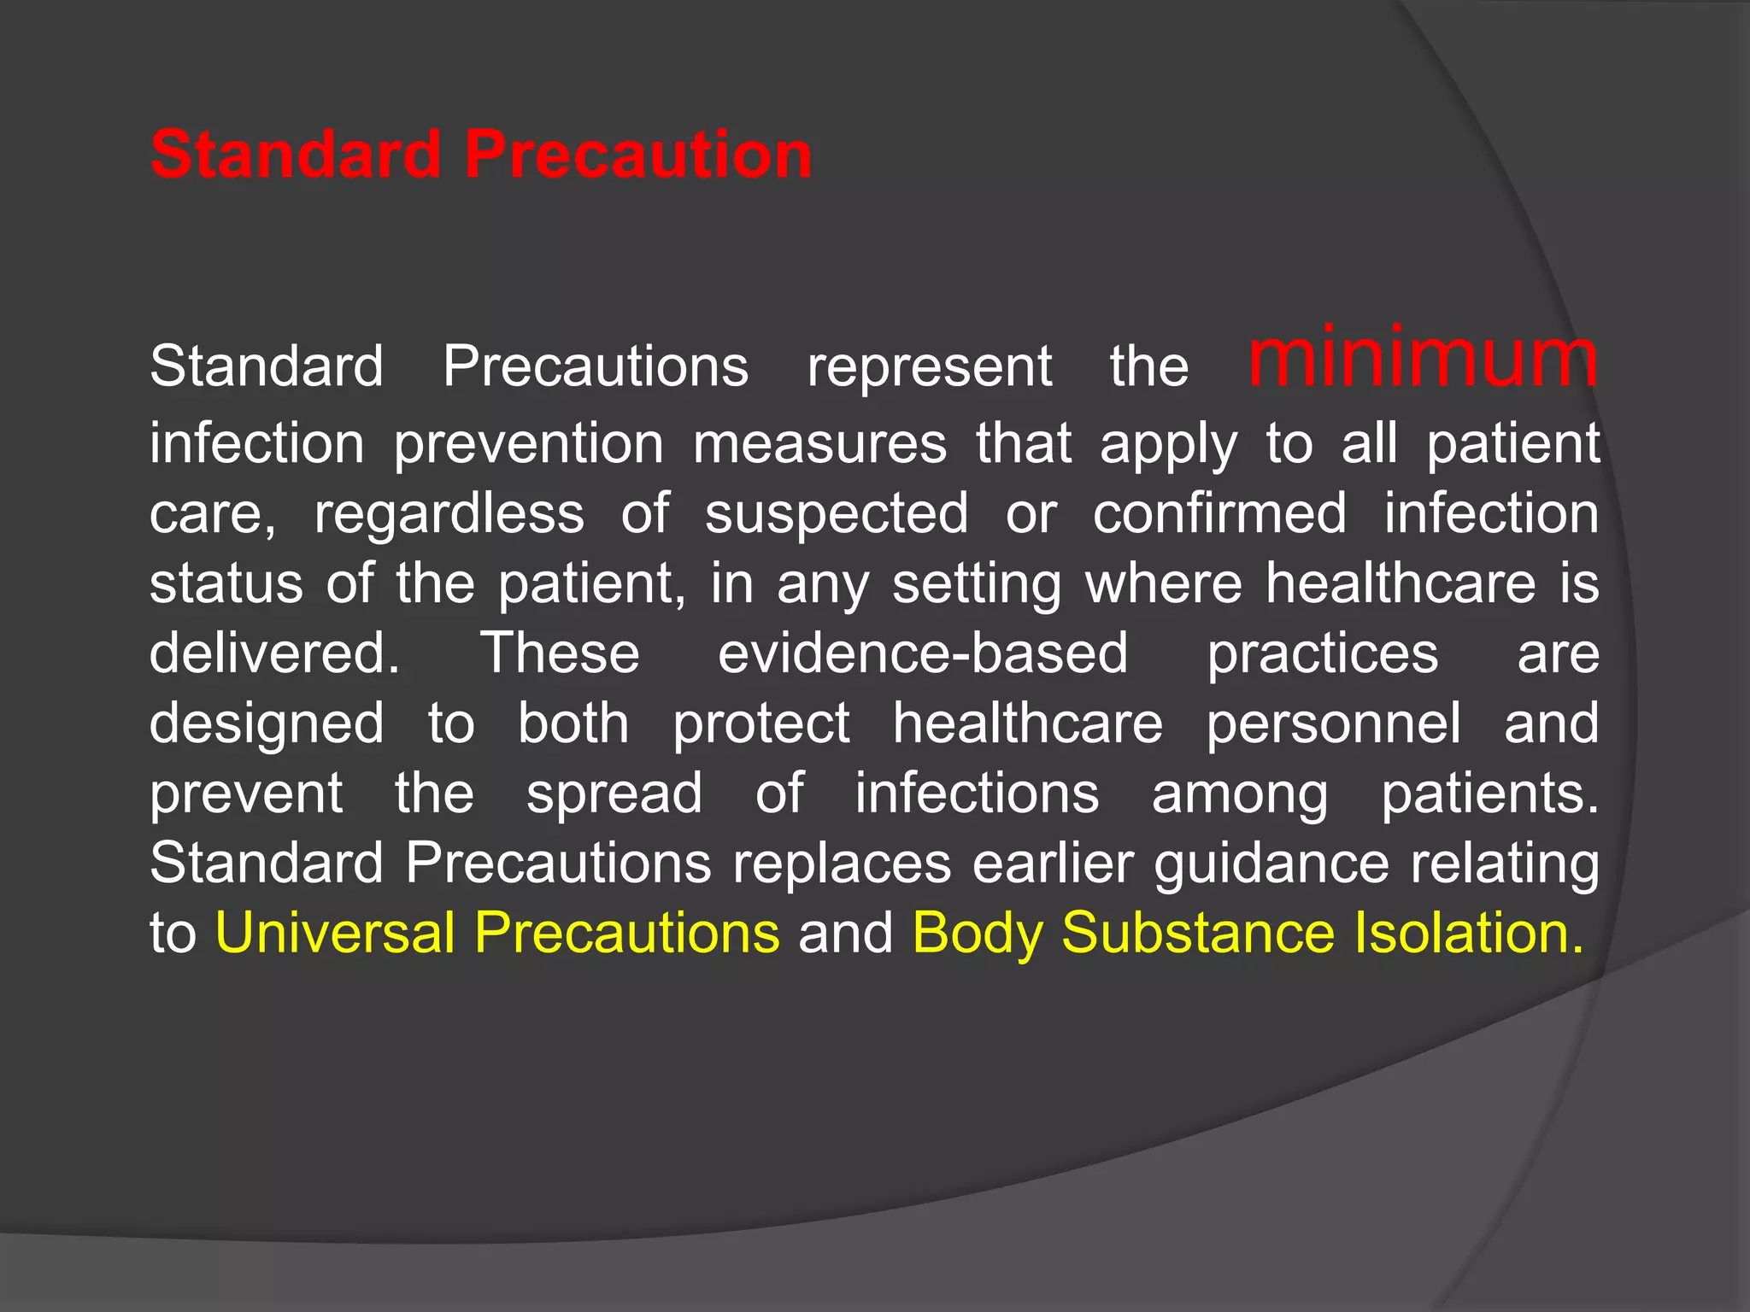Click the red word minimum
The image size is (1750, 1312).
[x=1423, y=359]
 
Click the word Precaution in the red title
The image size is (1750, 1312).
[x=637, y=155]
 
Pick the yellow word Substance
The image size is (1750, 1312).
[x=1197, y=932]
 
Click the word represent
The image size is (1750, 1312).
[x=929, y=367]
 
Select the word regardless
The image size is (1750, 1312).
[x=449, y=514]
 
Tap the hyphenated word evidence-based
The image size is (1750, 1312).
[x=923, y=653]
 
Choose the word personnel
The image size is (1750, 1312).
[x=1333, y=724]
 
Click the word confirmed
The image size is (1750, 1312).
[x=1219, y=514]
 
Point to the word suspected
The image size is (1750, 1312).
[x=837, y=514]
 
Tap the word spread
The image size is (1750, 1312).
[x=614, y=794]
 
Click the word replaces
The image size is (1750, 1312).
[x=842, y=864]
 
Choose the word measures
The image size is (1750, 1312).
[x=819, y=444]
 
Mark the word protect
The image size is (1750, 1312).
[x=760, y=724]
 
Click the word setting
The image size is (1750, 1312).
[x=977, y=585]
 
